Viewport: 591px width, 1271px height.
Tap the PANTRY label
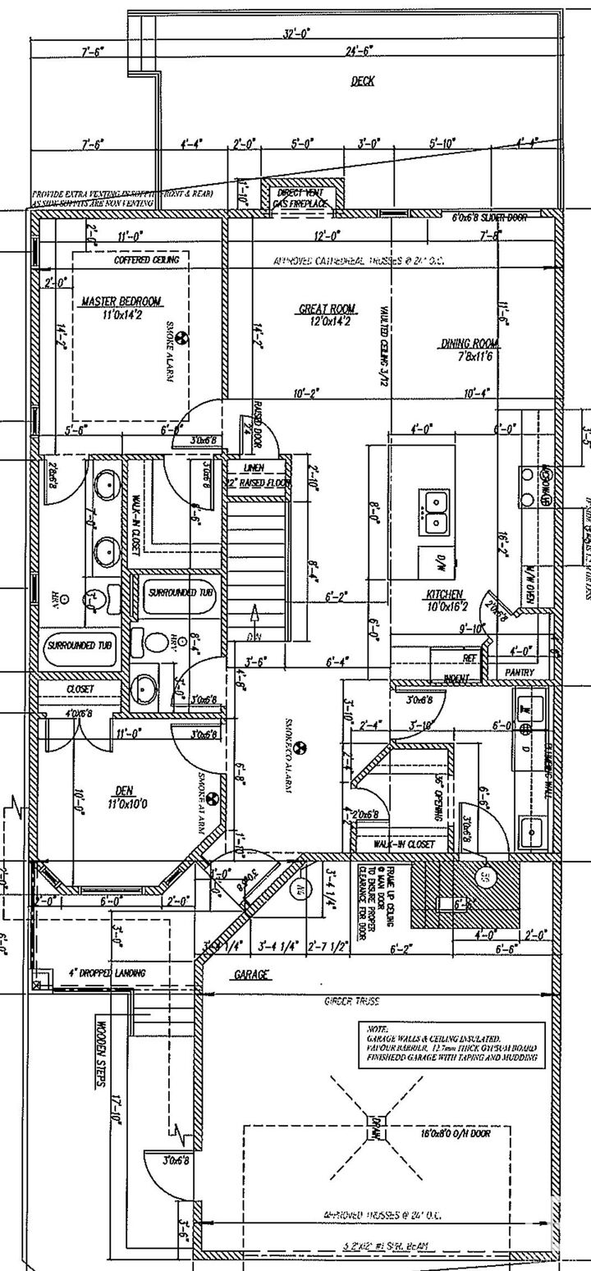[520, 672]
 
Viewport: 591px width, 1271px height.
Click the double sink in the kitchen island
[434, 501]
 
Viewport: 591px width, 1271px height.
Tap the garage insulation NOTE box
[452, 1045]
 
